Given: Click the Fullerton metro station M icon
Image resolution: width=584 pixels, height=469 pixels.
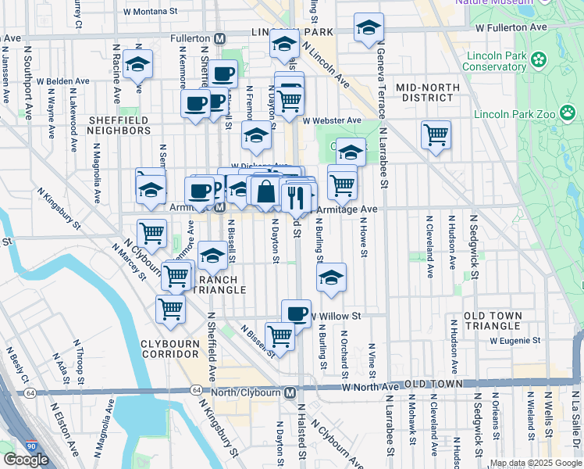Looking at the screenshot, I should [221, 38].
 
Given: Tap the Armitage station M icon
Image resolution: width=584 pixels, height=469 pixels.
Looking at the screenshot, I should [221, 207].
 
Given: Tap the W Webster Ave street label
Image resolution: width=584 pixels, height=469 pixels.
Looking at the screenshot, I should [333, 120].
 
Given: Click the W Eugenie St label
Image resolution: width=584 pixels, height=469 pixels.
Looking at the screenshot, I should [515, 340].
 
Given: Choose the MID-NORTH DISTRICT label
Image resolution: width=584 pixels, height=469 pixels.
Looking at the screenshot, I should [425, 92].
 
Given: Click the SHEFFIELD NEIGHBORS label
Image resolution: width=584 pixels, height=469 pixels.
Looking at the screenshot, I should [119, 125].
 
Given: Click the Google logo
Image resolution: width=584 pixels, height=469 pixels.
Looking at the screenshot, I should [26, 460].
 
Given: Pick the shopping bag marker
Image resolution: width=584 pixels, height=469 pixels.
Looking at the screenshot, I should [265, 191].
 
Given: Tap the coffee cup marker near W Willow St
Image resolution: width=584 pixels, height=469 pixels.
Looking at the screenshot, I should [296, 313].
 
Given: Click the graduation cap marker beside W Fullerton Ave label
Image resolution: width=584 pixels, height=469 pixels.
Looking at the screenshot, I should [369, 29].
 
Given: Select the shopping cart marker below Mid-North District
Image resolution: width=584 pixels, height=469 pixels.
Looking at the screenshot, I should [436, 134].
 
